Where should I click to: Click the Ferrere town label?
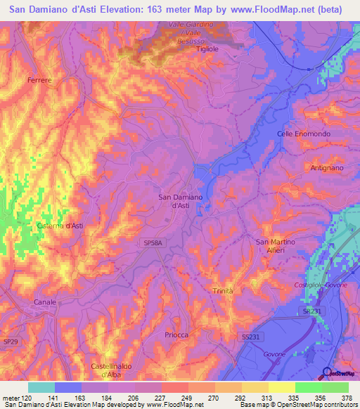point(40,81)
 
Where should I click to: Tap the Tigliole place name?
point(209,49)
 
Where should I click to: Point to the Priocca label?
point(176,335)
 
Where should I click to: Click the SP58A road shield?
point(153,242)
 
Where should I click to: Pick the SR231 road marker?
point(313,309)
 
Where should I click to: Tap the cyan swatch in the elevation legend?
point(41,387)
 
